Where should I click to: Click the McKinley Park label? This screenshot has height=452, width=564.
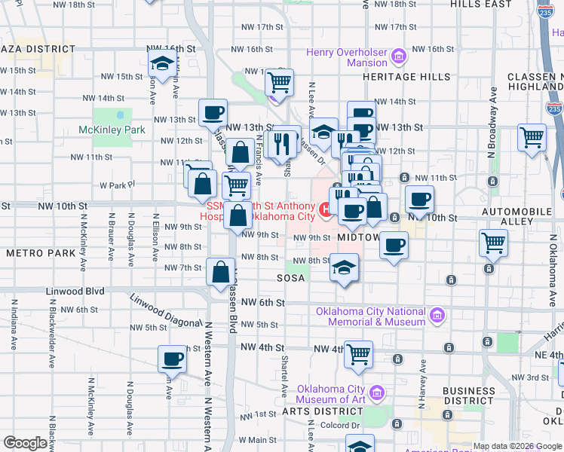(112, 130)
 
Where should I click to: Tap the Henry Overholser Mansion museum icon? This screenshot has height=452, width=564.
(399, 56)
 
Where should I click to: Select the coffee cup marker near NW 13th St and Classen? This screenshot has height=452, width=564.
(213, 113)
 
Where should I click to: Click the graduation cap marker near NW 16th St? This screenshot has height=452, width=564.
(161, 65)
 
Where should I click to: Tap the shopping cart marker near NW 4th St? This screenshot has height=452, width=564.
(359, 353)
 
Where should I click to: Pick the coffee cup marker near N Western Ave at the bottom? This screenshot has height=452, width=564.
(172, 359)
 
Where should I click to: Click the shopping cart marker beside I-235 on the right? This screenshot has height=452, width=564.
(532, 138)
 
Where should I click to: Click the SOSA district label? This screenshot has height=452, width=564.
(290, 278)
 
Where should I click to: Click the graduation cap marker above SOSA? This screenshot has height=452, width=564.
(344, 267)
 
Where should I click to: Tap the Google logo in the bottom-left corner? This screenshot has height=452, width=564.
(26, 443)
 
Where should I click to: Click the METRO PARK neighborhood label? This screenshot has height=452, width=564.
(41, 253)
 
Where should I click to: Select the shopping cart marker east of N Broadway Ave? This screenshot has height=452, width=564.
(493, 243)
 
